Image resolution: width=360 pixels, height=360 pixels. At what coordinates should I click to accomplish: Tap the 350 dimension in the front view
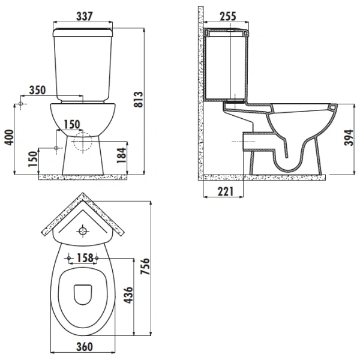37,91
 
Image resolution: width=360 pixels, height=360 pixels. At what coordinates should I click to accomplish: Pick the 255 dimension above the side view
227,16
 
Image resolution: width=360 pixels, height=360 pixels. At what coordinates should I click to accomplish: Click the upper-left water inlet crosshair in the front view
21,105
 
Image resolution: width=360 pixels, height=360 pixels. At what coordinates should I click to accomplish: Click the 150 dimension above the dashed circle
72,124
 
